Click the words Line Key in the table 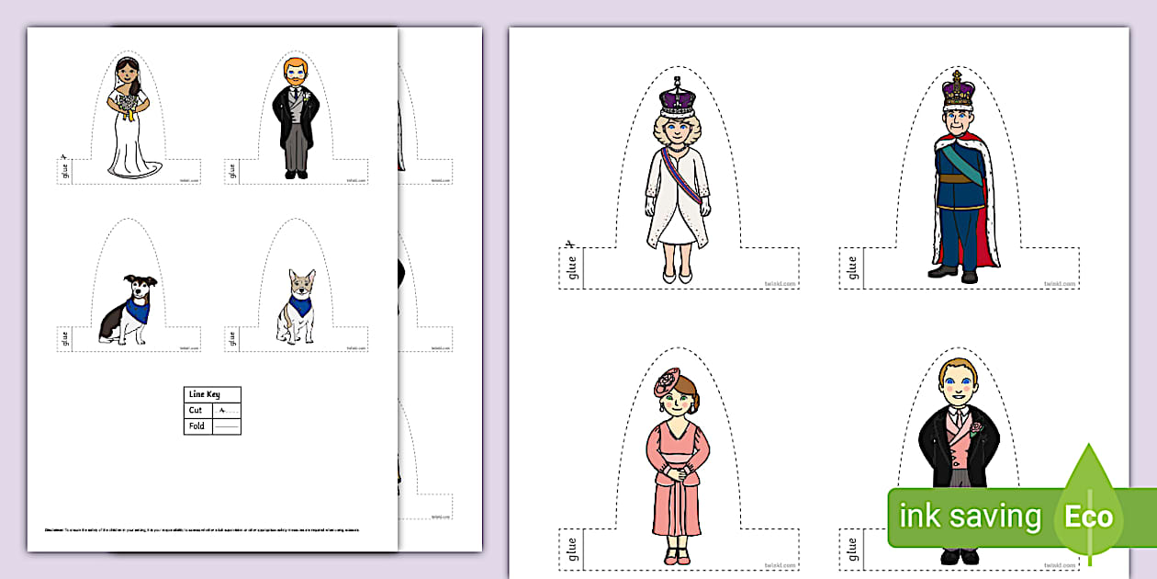(x=205, y=394)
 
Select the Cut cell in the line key (x=197, y=410)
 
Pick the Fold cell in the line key (x=197, y=426)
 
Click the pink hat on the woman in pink (x=668, y=380)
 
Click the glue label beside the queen (x=572, y=267)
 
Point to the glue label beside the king (x=851, y=267)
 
